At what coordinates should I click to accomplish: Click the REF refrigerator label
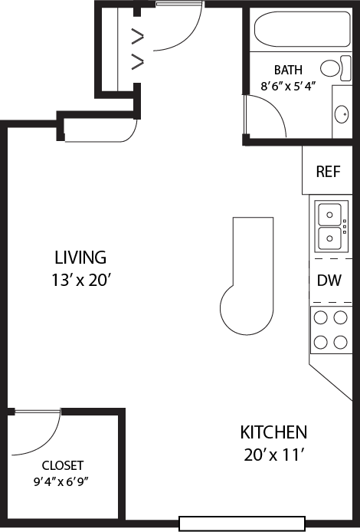(329, 170)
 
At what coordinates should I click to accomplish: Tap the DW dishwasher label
(329, 281)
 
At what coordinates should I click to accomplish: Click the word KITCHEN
(273, 432)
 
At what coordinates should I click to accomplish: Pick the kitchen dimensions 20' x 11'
(273, 455)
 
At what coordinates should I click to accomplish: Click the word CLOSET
(63, 465)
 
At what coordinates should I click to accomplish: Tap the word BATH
(288, 70)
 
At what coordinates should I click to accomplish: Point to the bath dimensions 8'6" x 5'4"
(288, 87)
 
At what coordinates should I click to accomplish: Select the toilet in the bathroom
(332, 69)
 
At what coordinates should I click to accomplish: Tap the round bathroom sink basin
(340, 116)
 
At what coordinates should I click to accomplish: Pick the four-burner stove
(330, 330)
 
